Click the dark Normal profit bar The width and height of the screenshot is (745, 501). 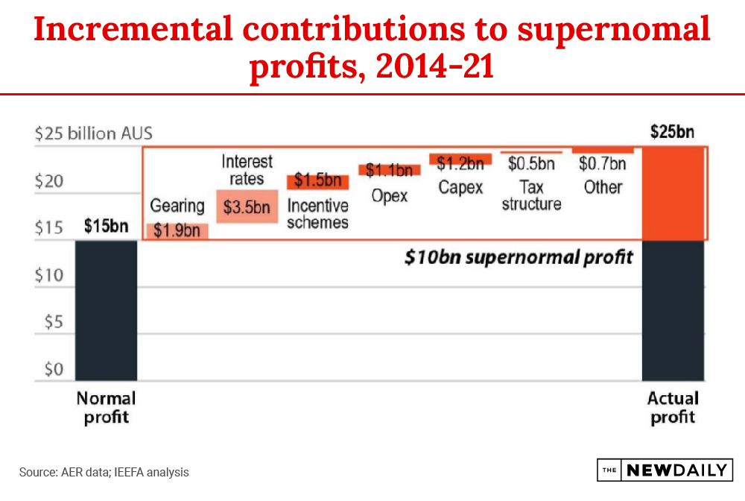coord(106,310)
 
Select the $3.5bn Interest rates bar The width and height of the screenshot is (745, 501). coord(247,207)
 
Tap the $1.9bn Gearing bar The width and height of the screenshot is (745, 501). coord(177,230)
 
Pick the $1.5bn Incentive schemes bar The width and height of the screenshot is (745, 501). coord(317,181)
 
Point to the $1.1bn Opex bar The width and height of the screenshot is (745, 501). coord(389,170)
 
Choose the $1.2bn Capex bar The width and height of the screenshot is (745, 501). coord(460,160)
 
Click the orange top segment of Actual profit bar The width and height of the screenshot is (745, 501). coord(673,193)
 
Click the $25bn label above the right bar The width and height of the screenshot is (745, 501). coord(672,133)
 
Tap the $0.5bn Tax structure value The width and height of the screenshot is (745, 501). coord(531,163)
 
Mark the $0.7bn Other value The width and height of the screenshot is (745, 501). coord(602,163)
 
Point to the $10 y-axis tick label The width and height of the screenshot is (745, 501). coord(50,276)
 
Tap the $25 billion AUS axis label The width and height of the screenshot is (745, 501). coord(94,134)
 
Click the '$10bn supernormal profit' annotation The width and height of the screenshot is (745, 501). coord(519,257)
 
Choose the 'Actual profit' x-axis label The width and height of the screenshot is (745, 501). coord(673,407)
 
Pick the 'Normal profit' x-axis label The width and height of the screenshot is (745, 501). coord(106,407)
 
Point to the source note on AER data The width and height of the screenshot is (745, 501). coord(104,472)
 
